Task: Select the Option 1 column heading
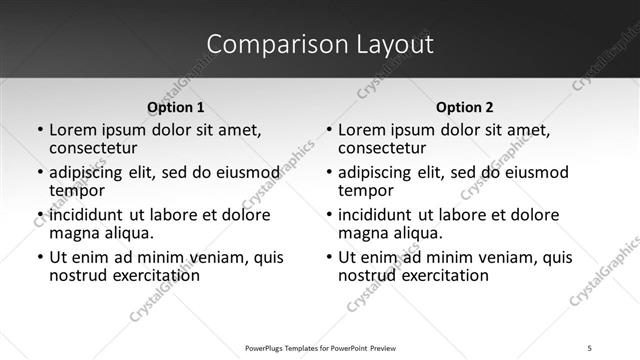click(176, 107)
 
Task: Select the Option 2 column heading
click(465, 107)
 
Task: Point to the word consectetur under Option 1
click(92, 149)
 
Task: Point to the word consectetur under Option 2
click(381, 149)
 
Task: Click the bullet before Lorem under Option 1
click(39, 131)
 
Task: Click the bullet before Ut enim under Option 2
click(328, 257)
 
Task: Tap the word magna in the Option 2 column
click(361, 233)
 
